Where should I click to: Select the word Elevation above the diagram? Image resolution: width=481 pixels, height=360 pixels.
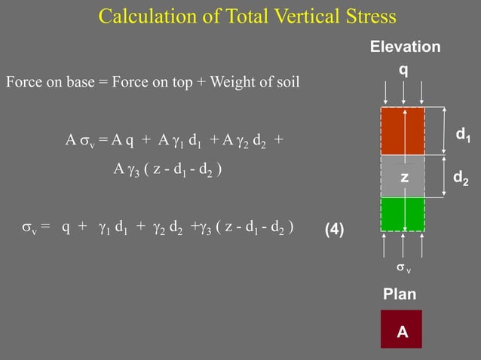coord(405,47)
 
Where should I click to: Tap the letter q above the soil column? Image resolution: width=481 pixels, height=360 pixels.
coord(405,69)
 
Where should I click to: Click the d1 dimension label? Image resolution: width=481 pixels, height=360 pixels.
coord(464,136)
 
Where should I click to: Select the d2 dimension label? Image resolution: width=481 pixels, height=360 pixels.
coord(461,178)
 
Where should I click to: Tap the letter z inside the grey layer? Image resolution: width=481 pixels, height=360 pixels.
coord(404,178)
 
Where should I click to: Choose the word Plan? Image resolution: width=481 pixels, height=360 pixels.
coord(400,294)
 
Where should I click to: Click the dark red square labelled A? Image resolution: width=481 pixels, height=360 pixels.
coord(401,329)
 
